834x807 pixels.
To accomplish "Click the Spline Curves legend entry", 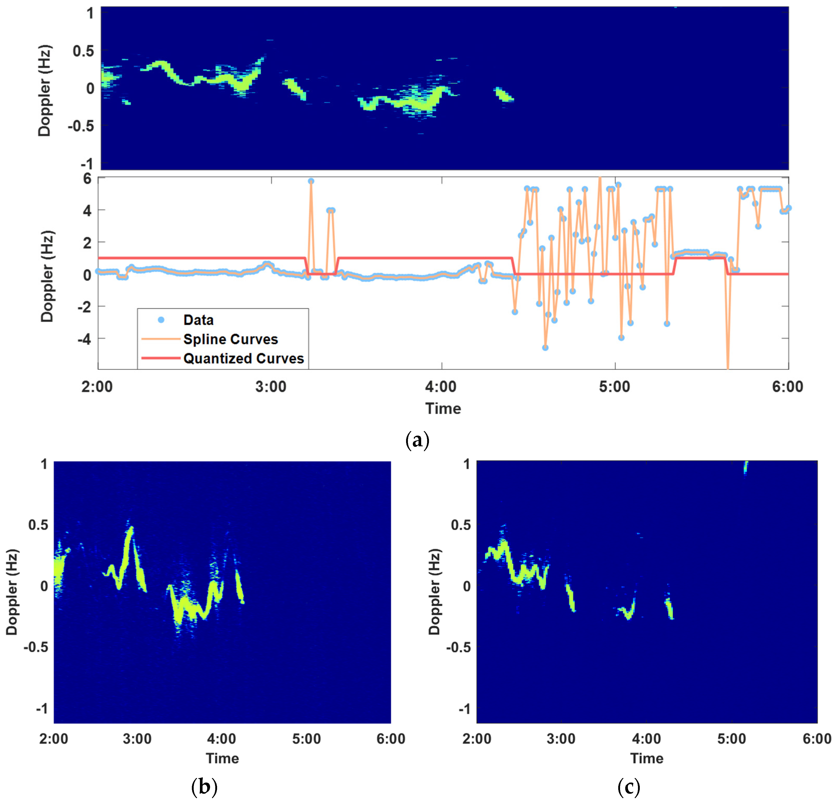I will (230, 339).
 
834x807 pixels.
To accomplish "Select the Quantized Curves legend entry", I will (243, 358).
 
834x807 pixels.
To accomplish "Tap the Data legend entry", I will (198, 320).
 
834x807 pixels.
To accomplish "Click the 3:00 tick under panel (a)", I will (271, 387).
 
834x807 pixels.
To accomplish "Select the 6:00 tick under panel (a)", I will (788, 387).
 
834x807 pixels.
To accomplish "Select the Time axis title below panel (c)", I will (646, 758).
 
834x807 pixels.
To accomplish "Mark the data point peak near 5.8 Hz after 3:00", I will (311, 181).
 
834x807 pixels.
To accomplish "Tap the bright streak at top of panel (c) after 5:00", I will (745, 467).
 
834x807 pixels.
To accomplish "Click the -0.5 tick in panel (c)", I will (459, 647).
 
